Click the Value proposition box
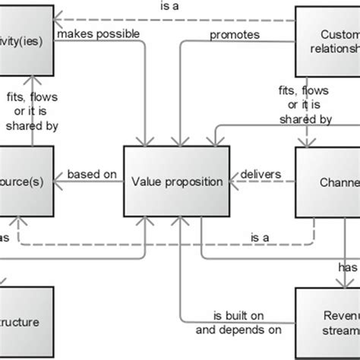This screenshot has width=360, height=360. click(176, 182)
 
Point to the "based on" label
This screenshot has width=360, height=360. click(92, 175)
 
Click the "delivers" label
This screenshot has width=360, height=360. click(261, 175)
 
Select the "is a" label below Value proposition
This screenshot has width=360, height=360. click(261, 238)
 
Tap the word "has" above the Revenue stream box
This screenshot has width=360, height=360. click(347, 267)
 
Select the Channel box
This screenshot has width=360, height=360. click(327, 182)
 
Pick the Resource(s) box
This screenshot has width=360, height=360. click(26, 182)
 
